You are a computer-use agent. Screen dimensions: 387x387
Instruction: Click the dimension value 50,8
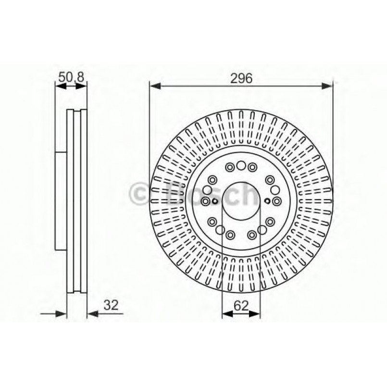coord(71,77)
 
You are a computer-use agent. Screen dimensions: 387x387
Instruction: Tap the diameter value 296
coord(241,78)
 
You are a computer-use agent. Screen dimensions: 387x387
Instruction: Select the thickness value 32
coord(111,305)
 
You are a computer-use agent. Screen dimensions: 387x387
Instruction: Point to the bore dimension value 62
coord(241,306)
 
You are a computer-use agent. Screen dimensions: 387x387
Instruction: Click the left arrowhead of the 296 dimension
coord(155,86)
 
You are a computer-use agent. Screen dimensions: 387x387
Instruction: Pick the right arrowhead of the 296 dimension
coord(327,86)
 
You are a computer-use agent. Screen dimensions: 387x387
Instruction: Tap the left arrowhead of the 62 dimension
coord(227,314)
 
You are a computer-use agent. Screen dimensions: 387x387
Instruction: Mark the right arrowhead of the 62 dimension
coord(255,314)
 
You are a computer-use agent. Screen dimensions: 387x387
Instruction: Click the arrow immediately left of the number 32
coord(93,314)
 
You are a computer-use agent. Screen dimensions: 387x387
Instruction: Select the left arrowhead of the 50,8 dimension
coord(61,86)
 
